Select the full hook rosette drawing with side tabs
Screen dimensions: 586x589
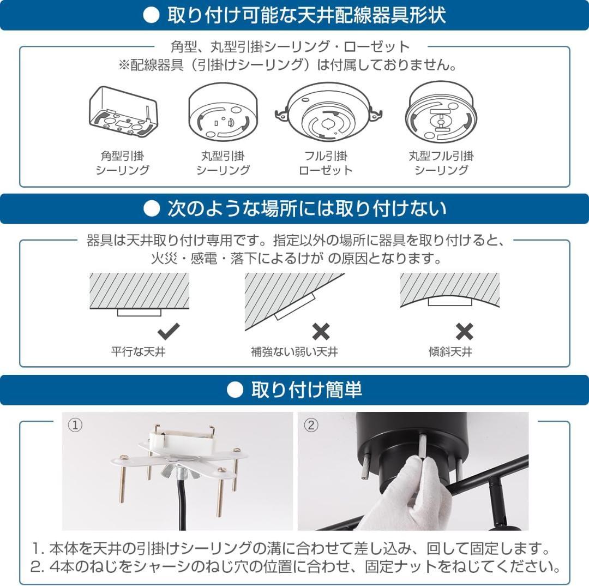pyautogui.click(x=326, y=112)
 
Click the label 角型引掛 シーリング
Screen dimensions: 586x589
pyautogui.click(x=122, y=163)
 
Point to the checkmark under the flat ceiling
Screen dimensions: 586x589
pyautogui.click(x=168, y=331)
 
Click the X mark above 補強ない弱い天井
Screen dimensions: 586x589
pyautogui.click(x=321, y=331)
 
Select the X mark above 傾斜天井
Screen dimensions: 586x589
pyautogui.click(x=464, y=331)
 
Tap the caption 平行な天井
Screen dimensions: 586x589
pyautogui.click(x=138, y=352)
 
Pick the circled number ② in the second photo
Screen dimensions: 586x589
pyautogui.click(x=310, y=425)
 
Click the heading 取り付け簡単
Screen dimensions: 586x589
pyautogui.click(x=306, y=390)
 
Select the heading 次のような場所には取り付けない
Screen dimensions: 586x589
pyautogui.click(x=306, y=208)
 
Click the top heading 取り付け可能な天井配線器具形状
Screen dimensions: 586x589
pyautogui.click(x=306, y=15)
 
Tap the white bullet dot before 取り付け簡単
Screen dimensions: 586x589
pyautogui.click(x=236, y=390)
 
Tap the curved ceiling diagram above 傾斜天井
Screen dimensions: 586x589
pyautogui.click(x=449, y=292)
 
